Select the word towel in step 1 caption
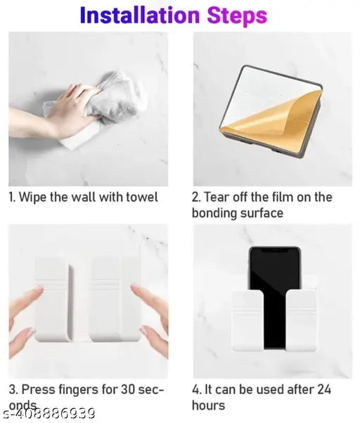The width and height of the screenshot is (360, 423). (x=141, y=198)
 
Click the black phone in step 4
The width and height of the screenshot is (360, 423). (x=273, y=289)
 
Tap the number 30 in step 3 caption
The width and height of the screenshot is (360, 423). (x=120, y=389)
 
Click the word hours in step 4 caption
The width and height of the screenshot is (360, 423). (x=208, y=405)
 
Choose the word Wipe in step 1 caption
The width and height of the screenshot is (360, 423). (x=31, y=198)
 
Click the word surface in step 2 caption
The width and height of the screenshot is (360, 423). (x=262, y=213)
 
